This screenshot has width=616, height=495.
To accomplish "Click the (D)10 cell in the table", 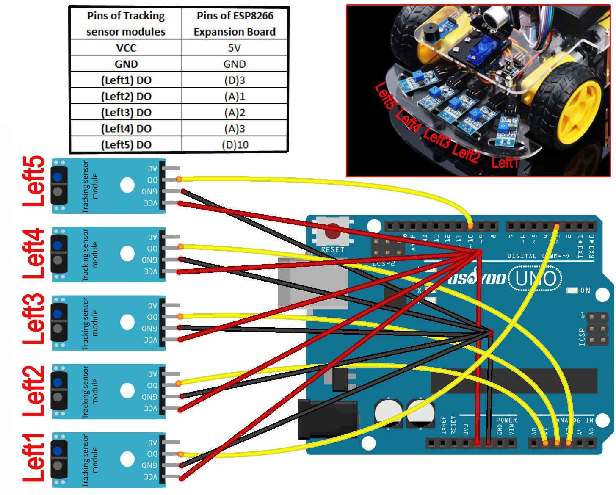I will tap(235, 144).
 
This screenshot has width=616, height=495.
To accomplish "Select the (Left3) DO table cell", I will tap(126, 113).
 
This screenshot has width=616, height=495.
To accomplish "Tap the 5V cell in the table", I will tap(235, 48).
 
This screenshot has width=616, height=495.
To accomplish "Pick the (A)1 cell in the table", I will tap(235, 97).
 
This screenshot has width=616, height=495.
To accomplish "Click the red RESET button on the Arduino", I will tap(333, 232).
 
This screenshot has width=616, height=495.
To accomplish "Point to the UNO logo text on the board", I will tap(536, 279).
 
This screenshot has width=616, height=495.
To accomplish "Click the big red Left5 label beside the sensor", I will tap(34, 181).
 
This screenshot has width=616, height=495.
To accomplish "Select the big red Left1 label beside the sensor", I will tap(34, 458).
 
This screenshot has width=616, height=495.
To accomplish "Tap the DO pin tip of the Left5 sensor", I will tap(179, 180).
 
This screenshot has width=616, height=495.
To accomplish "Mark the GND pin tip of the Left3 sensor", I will tap(180, 328).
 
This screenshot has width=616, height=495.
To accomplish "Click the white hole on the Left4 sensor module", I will tap(127, 254).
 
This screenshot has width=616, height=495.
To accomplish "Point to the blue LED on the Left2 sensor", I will tap(58, 382).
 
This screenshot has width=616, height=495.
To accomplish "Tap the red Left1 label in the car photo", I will tap(505, 163).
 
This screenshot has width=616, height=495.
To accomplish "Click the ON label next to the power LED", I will tap(585, 290).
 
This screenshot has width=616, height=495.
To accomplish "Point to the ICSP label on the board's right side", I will tap(582, 337).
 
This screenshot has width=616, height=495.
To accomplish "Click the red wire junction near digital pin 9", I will tap(479, 253).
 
